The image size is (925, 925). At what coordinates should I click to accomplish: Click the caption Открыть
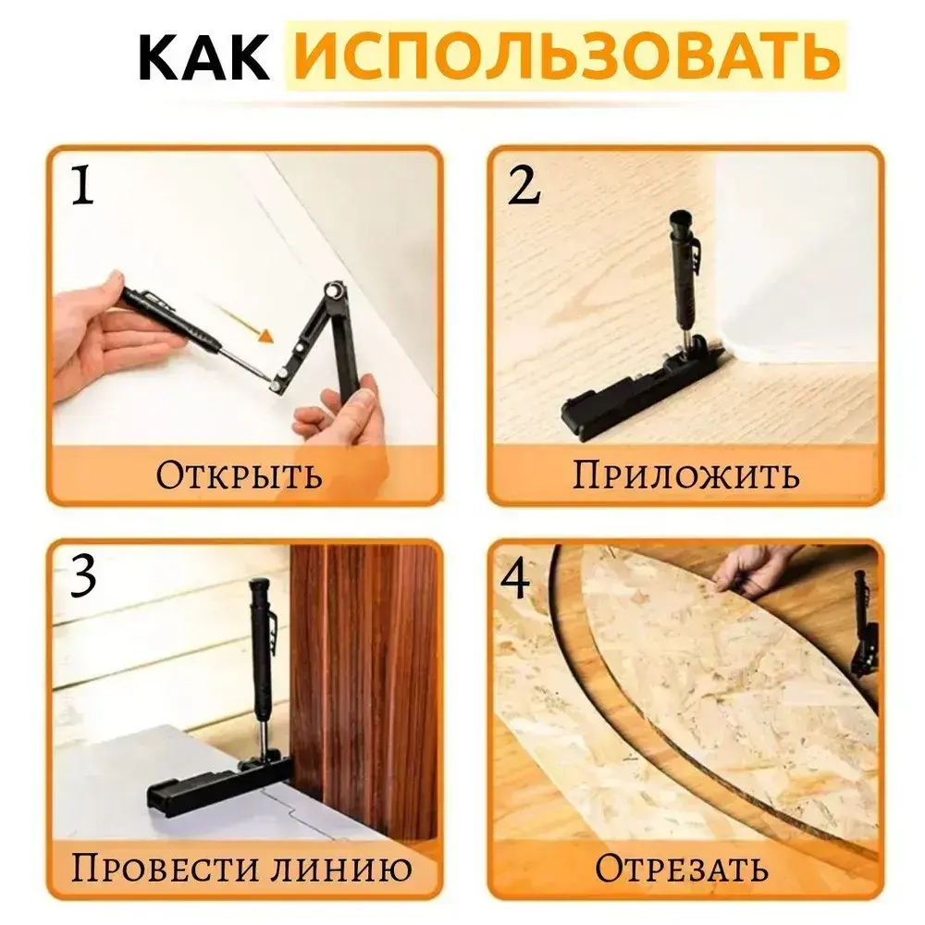(239, 475)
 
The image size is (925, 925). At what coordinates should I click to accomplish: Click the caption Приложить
(685, 475)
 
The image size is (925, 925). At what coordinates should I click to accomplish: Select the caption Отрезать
(681, 869)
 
